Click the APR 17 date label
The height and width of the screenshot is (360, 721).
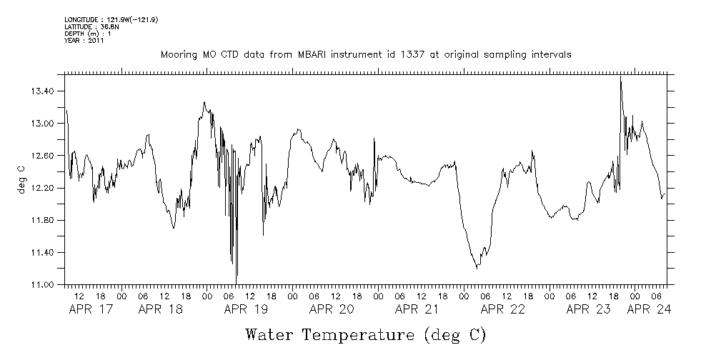pyautogui.click(x=91, y=310)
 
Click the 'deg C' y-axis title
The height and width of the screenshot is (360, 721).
pyautogui.click(x=21, y=179)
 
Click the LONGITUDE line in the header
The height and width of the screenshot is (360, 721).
pyautogui.click(x=111, y=19)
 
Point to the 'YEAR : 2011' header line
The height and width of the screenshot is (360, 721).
pyautogui.click(x=84, y=41)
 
